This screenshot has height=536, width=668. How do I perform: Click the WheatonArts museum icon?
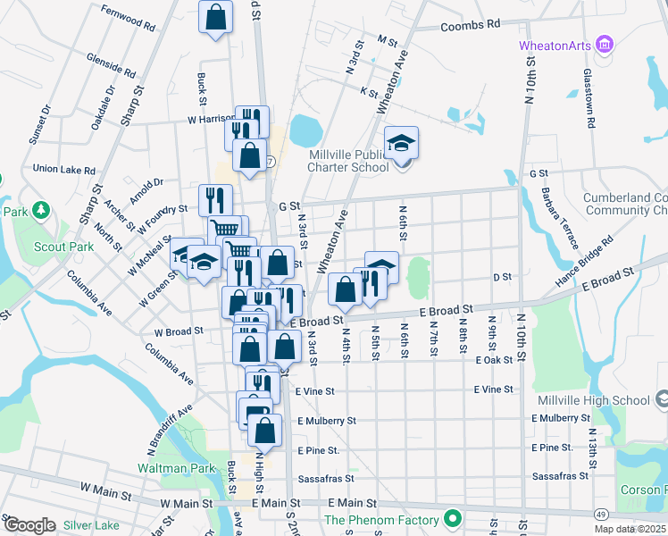click(x=605, y=44)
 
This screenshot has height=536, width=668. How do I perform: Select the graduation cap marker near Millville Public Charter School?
click(x=401, y=144)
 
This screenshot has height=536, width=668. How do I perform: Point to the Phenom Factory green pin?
click(x=454, y=519)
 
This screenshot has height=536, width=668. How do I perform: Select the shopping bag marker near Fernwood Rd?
click(x=215, y=17)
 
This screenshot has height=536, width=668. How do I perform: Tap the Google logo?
click(x=29, y=524)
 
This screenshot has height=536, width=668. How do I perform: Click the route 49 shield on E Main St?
click(x=604, y=514)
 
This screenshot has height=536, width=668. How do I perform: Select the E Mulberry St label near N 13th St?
click(x=559, y=418)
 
